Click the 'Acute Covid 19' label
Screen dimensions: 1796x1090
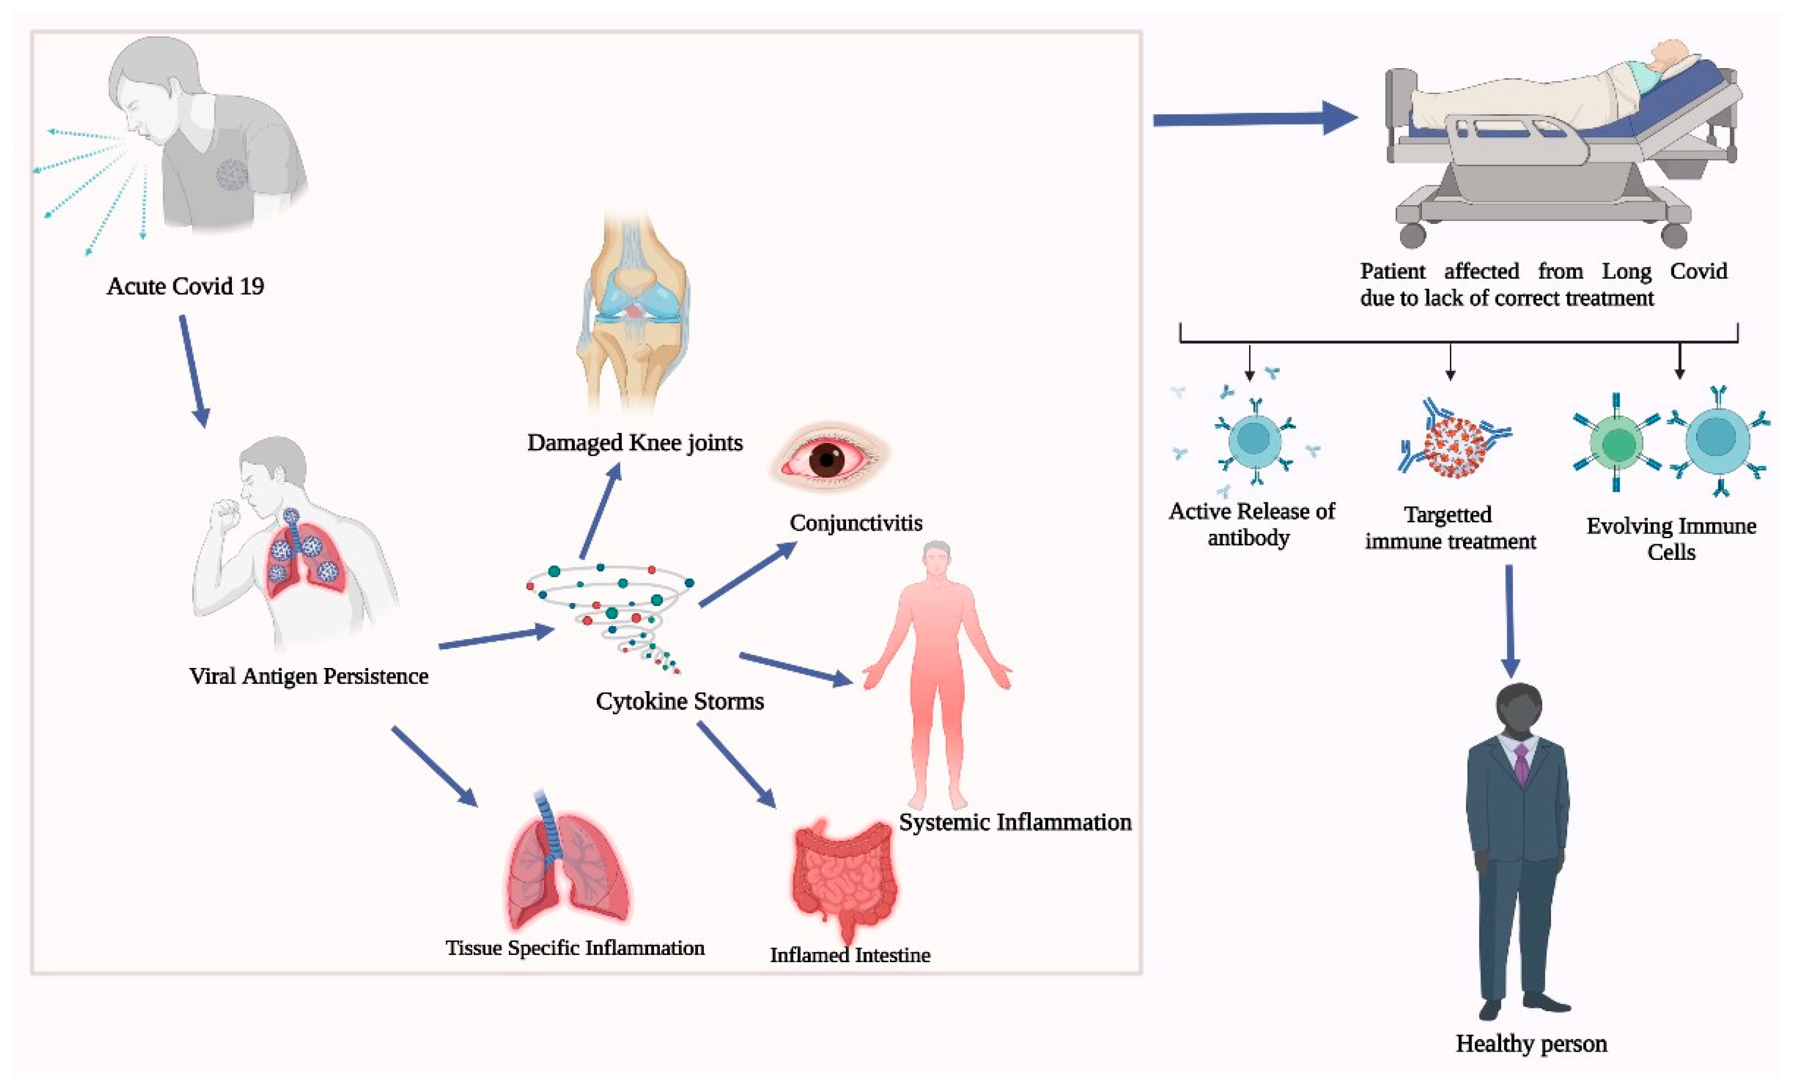point(185,286)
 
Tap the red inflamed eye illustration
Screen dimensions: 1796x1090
point(829,459)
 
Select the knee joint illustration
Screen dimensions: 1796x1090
point(633,313)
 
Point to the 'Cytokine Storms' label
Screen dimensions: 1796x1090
point(680,701)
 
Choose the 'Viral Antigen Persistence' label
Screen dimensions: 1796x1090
point(309,676)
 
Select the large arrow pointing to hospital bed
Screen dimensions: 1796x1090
point(1255,118)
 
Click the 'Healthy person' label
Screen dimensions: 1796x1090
point(1531,1044)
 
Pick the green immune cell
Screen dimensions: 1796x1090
point(1617,442)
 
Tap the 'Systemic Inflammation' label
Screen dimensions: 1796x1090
point(1014,822)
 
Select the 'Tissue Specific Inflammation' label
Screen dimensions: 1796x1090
point(575,948)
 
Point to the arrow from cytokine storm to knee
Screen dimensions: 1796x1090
point(601,510)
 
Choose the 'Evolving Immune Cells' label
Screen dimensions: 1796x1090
point(1671,539)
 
